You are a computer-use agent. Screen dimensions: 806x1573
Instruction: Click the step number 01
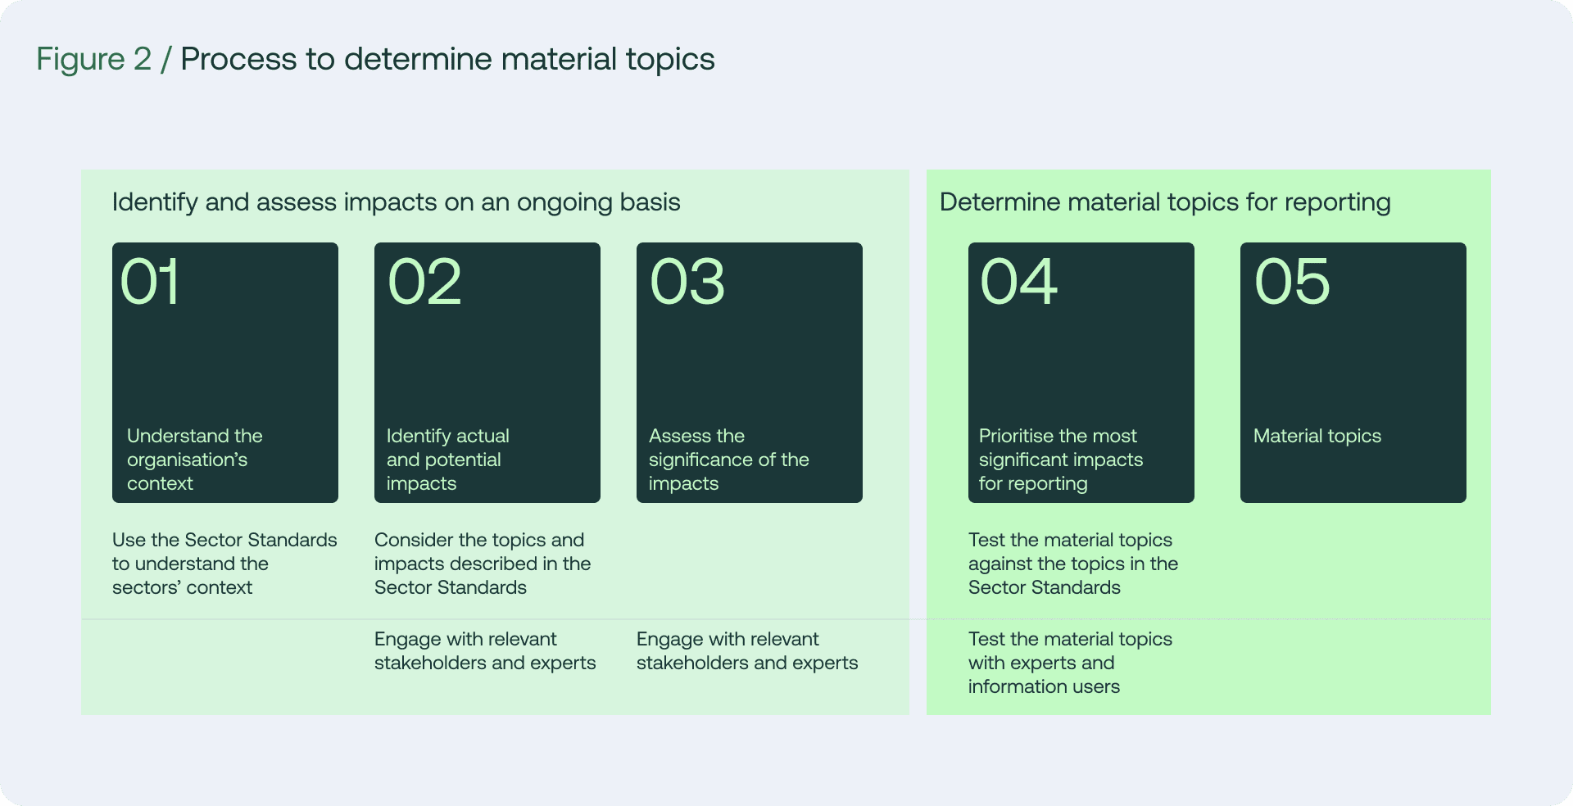150,282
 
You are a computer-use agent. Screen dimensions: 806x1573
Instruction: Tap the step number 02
424,282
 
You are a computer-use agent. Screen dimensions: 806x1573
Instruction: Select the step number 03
687,282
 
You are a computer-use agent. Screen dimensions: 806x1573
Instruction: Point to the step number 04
1018,282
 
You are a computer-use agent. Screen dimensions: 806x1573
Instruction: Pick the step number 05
1292,282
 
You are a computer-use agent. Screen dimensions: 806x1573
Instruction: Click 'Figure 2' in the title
94,59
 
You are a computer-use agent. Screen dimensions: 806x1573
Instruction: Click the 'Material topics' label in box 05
1317,436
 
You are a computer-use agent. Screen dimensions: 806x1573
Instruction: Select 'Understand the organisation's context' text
194,460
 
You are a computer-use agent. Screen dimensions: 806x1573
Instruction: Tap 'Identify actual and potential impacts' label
447,460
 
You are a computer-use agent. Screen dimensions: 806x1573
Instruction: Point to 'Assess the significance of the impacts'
728,460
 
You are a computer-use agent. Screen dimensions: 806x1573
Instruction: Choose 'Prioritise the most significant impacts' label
1060,460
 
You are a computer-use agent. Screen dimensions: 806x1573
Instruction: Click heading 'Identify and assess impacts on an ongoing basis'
396,202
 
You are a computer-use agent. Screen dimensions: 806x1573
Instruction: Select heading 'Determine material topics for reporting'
1164,202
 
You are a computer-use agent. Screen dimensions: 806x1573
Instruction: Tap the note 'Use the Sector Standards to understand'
224,564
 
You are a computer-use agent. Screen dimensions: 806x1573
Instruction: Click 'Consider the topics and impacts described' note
482,564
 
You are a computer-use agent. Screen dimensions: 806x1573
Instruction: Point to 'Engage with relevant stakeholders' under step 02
484,651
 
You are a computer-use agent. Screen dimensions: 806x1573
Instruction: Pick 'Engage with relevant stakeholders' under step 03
746,651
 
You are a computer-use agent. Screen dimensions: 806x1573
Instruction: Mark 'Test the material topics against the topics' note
1072,564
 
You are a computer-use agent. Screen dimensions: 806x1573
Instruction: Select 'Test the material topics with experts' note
1069,663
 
